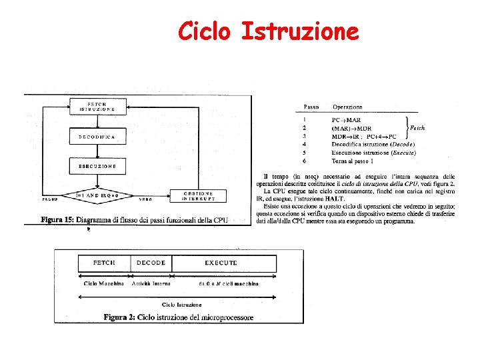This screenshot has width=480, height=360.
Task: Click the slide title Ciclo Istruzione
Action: coord(269,31)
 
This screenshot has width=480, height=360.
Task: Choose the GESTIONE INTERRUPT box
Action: coord(199,195)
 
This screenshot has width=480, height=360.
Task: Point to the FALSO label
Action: coord(50,199)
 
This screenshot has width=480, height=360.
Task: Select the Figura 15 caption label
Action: coord(59,219)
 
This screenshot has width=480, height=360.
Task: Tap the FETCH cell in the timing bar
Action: coord(104,263)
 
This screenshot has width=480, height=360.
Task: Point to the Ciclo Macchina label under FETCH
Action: coord(103,284)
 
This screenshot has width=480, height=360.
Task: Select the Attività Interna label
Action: coord(151,284)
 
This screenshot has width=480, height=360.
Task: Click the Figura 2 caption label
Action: coord(121,317)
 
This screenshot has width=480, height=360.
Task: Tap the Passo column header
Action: coord(311,107)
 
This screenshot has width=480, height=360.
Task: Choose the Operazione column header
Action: coord(347,107)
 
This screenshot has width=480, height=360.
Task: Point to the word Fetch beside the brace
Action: coord(417,127)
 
